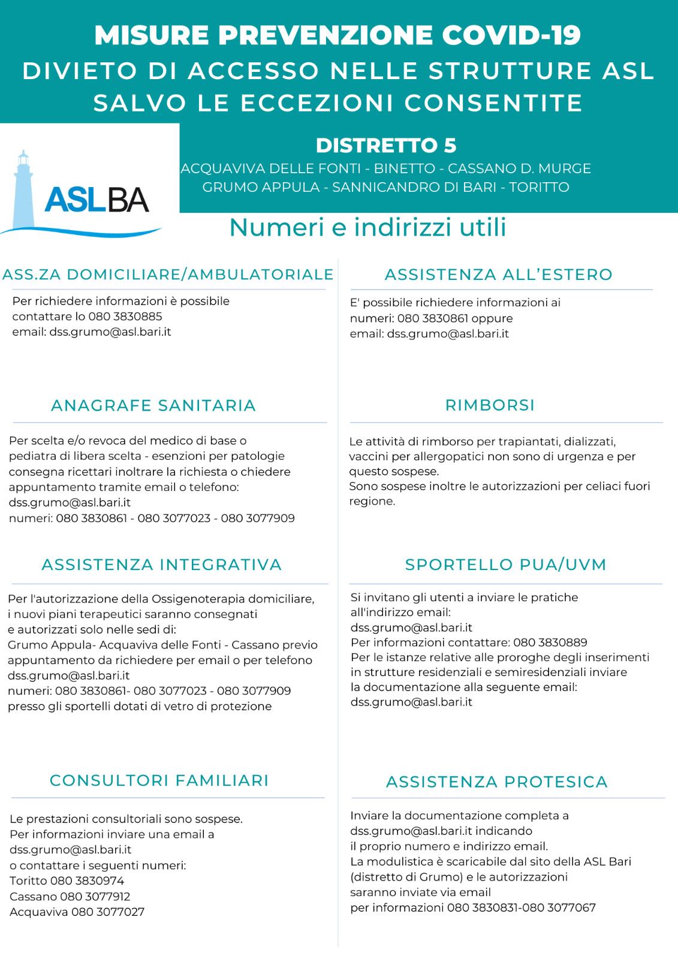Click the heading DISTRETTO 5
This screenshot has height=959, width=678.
pyautogui.click(x=386, y=145)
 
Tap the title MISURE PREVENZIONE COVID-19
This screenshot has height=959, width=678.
pyautogui.click(x=338, y=35)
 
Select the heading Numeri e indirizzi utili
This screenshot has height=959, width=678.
pyautogui.click(x=367, y=227)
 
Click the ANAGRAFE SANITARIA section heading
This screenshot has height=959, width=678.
pyautogui.click(x=153, y=406)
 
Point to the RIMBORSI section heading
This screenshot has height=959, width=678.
pyautogui.click(x=490, y=405)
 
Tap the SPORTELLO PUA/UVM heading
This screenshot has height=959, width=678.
pyautogui.click(x=505, y=565)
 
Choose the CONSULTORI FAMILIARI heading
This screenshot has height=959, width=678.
pyautogui.click(x=159, y=780)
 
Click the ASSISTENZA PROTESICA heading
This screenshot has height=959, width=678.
pyautogui.click(x=497, y=782)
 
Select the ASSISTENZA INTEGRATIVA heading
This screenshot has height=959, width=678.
pyautogui.click(x=161, y=565)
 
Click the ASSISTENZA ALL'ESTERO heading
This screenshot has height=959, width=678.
pyautogui.click(x=498, y=275)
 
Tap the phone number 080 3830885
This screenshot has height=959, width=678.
pyautogui.click(x=125, y=316)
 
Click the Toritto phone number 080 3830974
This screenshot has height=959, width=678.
pyautogui.click(x=88, y=880)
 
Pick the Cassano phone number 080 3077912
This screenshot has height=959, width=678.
pyautogui.click(x=95, y=897)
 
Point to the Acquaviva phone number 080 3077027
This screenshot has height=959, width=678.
pyautogui.click(x=108, y=912)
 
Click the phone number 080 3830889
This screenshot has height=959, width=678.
pyautogui.click(x=550, y=643)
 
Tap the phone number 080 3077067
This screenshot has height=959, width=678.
pyautogui.click(x=559, y=907)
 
